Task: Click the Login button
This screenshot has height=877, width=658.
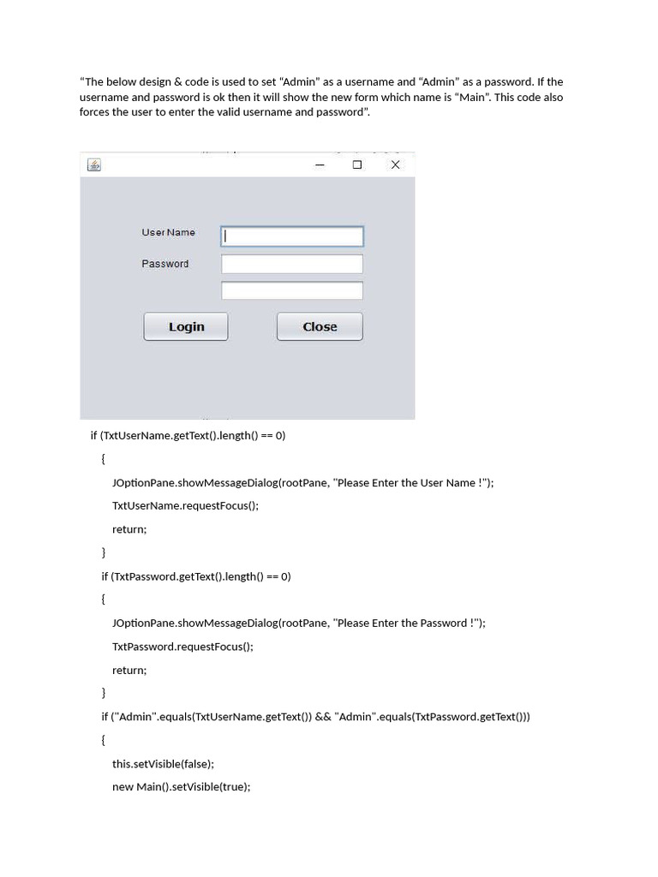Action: (186, 326)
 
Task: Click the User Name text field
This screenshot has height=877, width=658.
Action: (292, 236)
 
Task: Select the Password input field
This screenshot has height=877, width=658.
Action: (292, 264)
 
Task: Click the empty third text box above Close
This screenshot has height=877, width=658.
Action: (292, 291)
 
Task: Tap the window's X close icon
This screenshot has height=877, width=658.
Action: (395, 164)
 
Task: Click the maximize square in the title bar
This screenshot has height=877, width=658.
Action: (357, 164)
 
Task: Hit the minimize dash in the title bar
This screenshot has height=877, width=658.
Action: (320, 165)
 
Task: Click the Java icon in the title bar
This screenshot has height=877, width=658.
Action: (94, 164)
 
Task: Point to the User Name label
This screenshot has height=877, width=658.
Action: (168, 232)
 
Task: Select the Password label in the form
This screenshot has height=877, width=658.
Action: (165, 264)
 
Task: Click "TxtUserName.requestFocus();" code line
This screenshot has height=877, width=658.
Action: (185, 505)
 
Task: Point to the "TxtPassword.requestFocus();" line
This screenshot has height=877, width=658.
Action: (182, 647)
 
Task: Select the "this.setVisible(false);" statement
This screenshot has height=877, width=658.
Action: (163, 763)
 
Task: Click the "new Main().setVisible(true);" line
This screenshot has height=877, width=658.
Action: (182, 786)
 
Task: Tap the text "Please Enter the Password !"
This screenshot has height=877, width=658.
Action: (409, 623)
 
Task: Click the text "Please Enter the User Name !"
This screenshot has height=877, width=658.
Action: (413, 482)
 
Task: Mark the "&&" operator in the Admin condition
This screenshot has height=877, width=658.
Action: (323, 716)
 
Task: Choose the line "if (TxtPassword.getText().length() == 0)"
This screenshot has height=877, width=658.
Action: (196, 576)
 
